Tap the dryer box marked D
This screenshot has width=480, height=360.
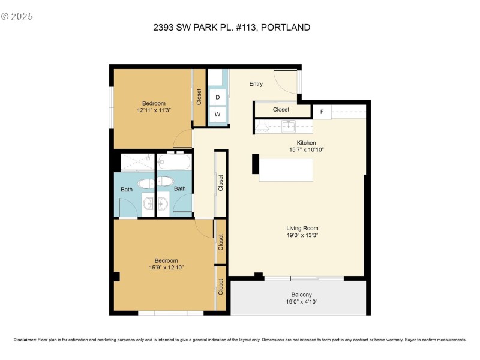(217, 97)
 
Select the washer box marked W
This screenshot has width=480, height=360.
(217, 114)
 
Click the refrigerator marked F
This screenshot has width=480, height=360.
(322, 112)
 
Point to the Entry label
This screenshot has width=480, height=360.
(256, 84)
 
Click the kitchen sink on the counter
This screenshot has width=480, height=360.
(289, 125)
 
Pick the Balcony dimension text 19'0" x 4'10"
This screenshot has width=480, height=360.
(301, 302)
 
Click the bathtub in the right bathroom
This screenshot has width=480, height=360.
(174, 163)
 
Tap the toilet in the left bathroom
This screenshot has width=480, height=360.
(146, 183)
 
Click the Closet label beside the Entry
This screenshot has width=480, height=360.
(281, 110)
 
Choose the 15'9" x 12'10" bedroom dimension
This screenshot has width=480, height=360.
(166, 268)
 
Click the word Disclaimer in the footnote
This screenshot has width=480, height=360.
(25, 340)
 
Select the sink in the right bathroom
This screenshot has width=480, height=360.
(165, 203)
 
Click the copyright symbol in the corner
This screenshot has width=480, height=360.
(5, 16)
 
